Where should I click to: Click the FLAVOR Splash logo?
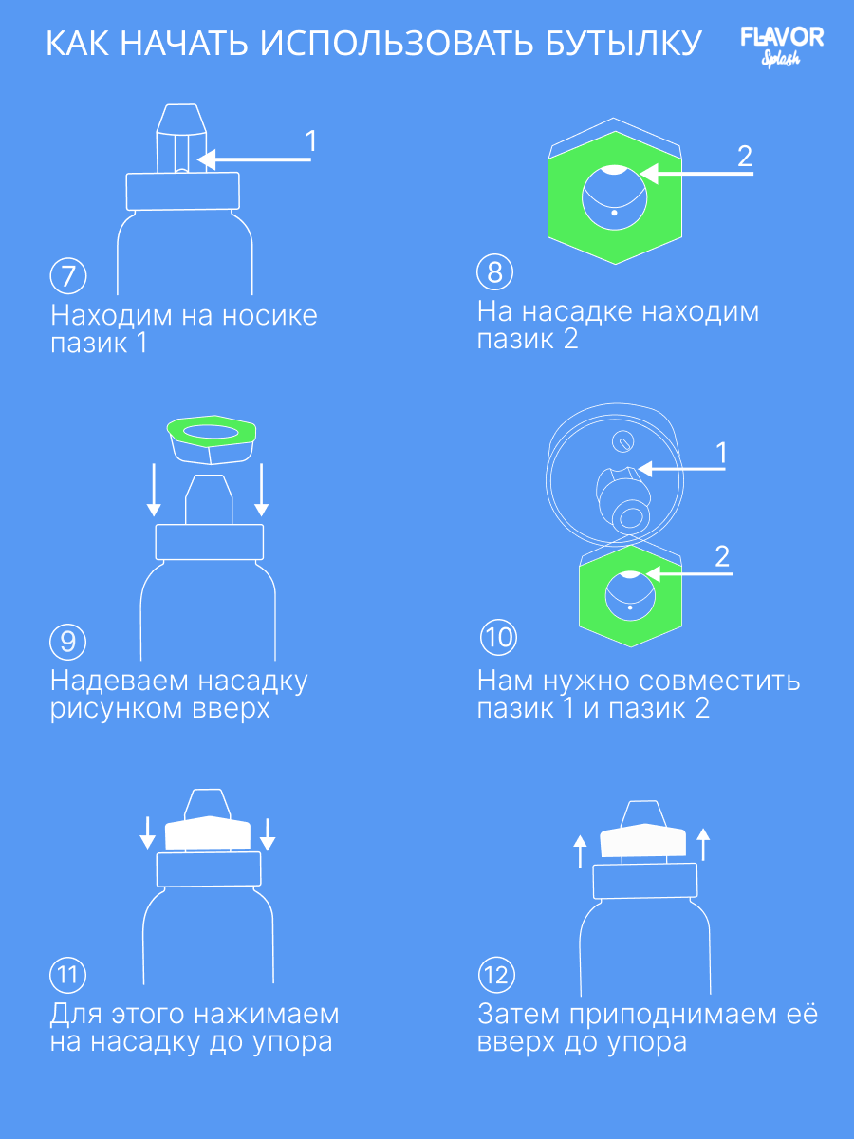[x=781, y=47]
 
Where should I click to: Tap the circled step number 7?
[x=68, y=275]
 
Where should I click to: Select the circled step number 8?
[x=494, y=271]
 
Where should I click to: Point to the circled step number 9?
[x=68, y=642]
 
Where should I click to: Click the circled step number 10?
[x=498, y=638]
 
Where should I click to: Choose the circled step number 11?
[x=68, y=975]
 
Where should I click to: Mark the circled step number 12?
[x=496, y=975]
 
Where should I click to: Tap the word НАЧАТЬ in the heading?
[x=184, y=43]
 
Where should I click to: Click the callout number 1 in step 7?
[x=311, y=140]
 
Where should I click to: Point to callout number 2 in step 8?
[x=745, y=157]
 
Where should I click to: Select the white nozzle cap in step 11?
[x=208, y=832]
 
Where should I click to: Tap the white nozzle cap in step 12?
[x=643, y=840]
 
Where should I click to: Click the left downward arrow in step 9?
[x=154, y=490]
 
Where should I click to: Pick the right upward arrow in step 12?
[x=702, y=844]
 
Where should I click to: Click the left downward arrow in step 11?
[x=148, y=832]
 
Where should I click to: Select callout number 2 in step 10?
[x=722, y=556]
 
